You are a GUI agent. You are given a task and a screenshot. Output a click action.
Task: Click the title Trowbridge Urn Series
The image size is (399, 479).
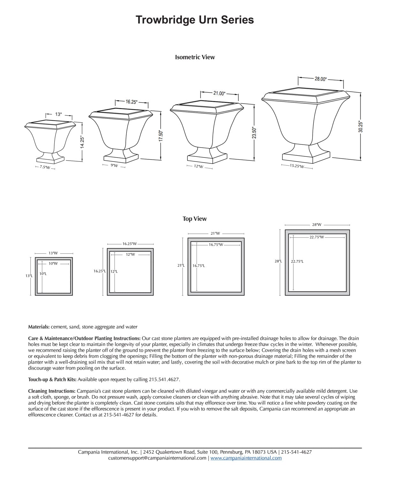pos(195,20)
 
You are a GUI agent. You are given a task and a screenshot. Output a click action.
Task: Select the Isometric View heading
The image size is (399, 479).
pos(195,57)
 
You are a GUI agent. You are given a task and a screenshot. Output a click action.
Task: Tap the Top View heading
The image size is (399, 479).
pos(194,219)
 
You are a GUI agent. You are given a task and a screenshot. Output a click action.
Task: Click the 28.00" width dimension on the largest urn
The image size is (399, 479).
pos(320,79)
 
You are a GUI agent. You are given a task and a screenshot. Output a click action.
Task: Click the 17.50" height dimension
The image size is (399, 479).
pos(161,136)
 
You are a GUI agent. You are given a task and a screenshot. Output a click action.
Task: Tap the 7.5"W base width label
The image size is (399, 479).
pos(45,167)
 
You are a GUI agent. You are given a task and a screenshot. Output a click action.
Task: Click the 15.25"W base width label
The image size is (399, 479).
pos(297,166)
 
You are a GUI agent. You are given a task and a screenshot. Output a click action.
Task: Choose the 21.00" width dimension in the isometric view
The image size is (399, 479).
pos(219,93)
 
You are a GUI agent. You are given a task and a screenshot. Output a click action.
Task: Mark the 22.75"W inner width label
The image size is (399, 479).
pos(317,237)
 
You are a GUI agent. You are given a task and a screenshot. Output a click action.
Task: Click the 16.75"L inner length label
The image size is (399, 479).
pos(199,266)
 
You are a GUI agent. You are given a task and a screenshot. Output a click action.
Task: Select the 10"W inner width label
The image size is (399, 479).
pos(53,263)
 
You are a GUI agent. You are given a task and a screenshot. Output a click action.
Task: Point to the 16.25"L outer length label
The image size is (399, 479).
pos(100,271)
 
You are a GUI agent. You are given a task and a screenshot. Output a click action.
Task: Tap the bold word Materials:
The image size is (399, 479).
pos(39,327)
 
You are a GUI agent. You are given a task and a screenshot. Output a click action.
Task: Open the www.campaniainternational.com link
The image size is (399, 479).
pos(246,458)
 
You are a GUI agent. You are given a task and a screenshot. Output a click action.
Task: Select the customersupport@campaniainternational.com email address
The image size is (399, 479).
pos(157,458)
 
